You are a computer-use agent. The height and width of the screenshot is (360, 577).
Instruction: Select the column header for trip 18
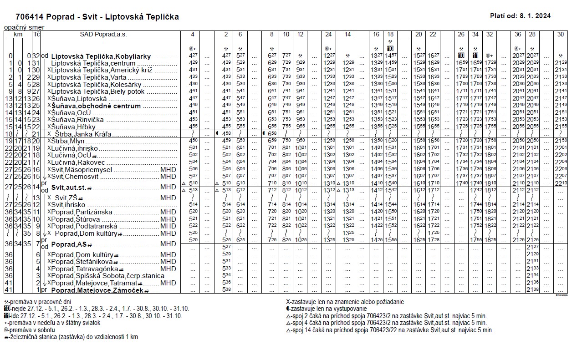pos(390,34)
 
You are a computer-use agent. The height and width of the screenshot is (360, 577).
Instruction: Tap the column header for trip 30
pos(560,34)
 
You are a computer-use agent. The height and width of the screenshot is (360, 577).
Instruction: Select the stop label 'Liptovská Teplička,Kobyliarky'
pos(101,56)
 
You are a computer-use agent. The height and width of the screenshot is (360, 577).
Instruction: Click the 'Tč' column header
pos(36,34)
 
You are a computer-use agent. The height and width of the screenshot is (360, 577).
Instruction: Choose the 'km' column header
pos(18,34)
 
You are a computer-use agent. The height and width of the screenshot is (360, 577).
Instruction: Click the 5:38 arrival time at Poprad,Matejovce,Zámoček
pos(226,289)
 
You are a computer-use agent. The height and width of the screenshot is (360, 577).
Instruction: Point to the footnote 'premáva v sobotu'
pos(32,330)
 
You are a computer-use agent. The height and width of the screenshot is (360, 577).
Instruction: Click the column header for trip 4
pos(193,34)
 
